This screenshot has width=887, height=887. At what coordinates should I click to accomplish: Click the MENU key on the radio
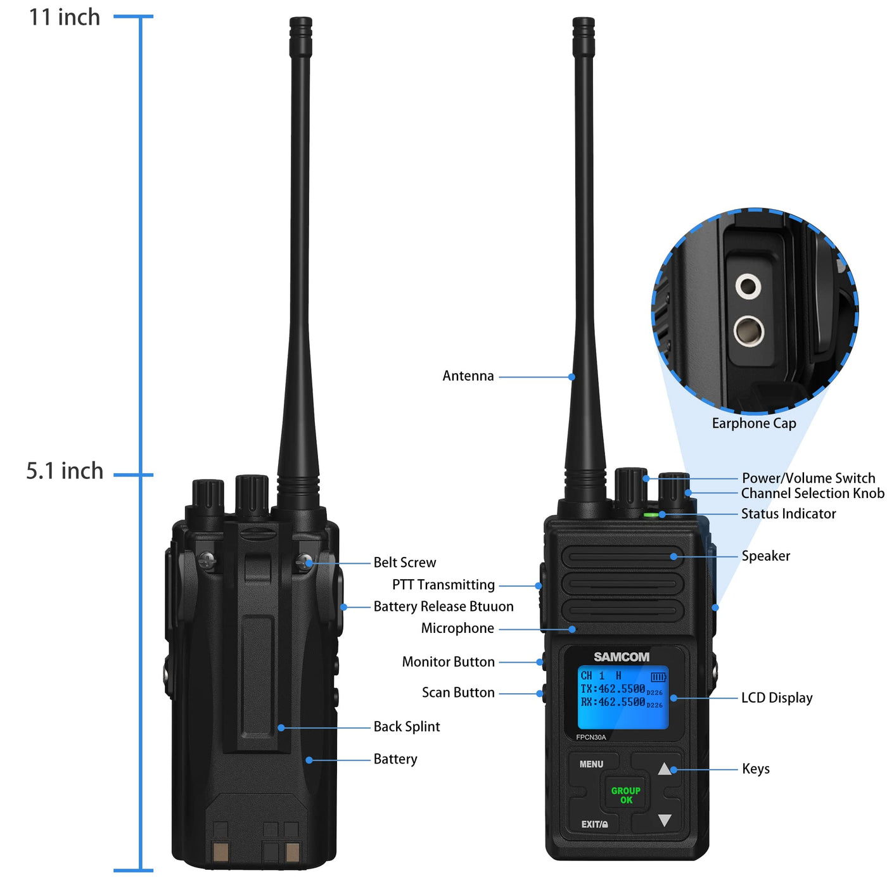coord(590,764)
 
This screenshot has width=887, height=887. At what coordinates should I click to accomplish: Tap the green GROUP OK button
coord(625,795)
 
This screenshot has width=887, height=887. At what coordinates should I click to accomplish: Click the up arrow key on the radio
coord(664,769)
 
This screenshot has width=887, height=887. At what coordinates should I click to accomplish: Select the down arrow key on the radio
coord(664,820)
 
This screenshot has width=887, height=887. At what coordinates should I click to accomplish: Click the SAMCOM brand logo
coord(621,656)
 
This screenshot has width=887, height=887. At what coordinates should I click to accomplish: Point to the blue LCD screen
coord(622,697)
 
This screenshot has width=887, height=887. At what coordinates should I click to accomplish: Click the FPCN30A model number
coord(590,737)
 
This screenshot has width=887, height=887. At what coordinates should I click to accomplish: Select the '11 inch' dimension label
coord(64,18)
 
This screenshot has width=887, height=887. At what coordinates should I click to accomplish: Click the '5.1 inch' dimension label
coord(65,471)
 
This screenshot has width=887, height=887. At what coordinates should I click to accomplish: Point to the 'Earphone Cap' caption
coord(753,423)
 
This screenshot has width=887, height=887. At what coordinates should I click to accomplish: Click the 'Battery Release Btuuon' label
coord(443,606)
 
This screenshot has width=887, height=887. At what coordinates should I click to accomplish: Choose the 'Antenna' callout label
coord(468,376)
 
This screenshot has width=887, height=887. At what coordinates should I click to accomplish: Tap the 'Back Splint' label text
coord(406,726)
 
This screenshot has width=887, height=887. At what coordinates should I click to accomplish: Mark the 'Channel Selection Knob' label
coord(812,493)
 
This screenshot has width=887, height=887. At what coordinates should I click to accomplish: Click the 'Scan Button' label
coord(457,692)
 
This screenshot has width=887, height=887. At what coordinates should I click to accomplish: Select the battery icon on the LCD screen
coord(658,677)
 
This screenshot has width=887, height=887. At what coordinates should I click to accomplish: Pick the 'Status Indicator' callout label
coord(788,514)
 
